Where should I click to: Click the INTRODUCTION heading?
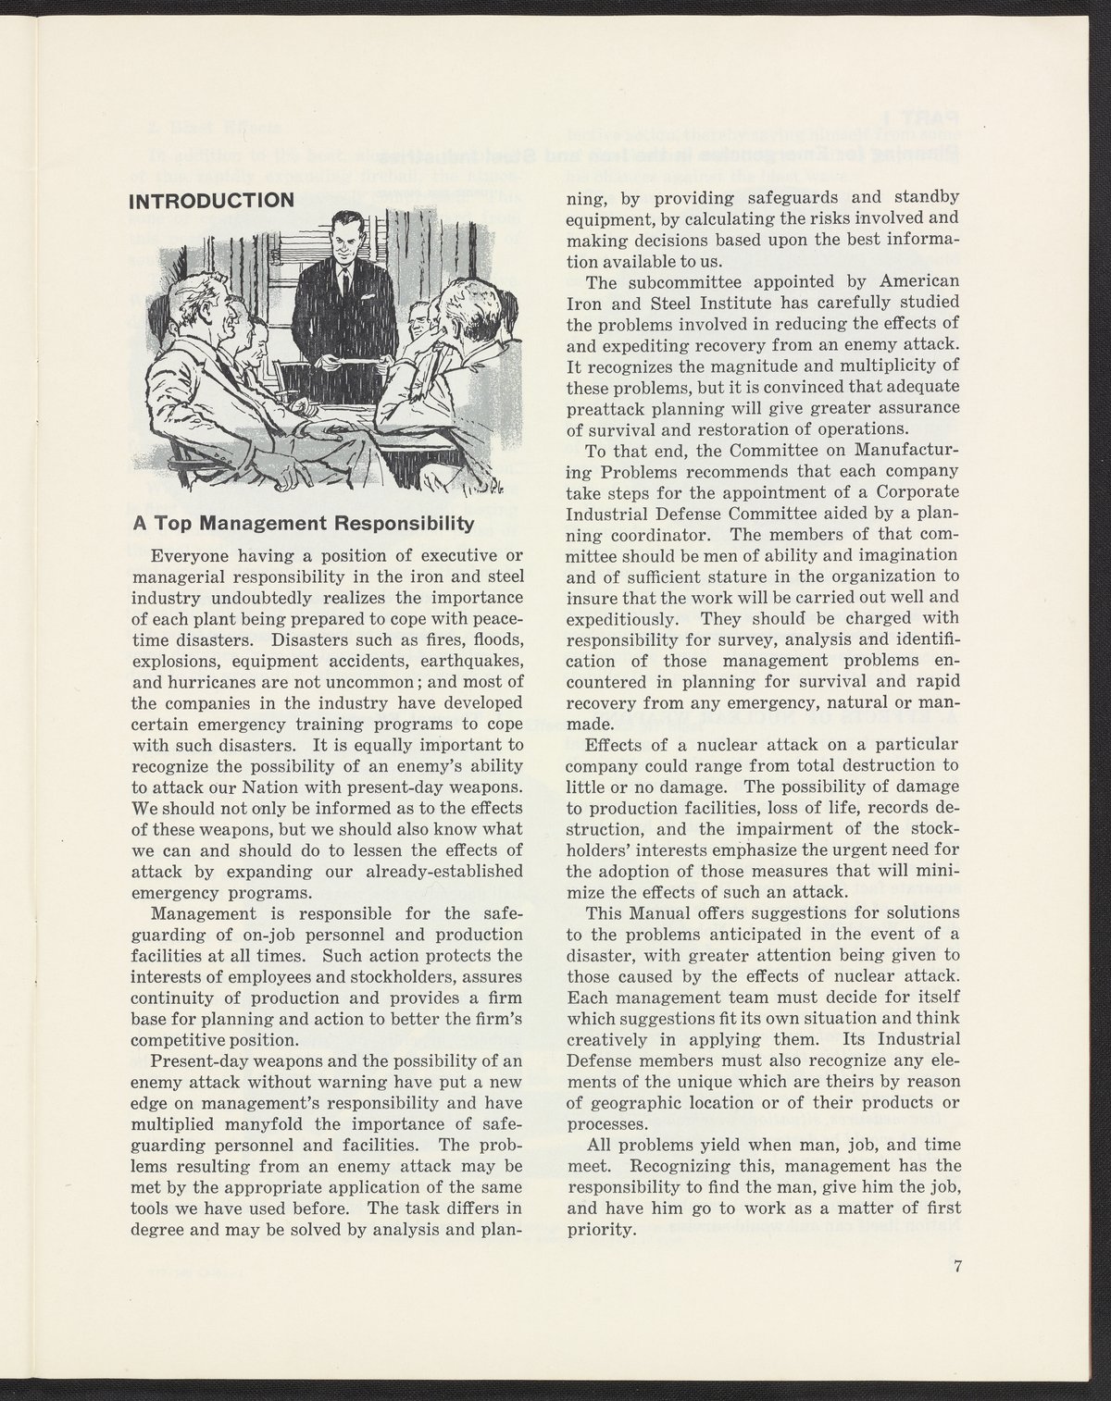pos(212,200)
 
